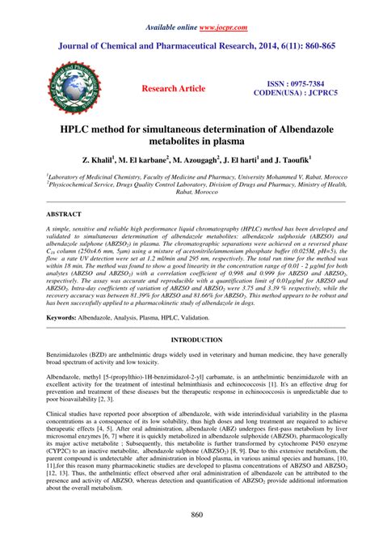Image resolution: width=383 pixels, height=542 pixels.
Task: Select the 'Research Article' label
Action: coord(184,87)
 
